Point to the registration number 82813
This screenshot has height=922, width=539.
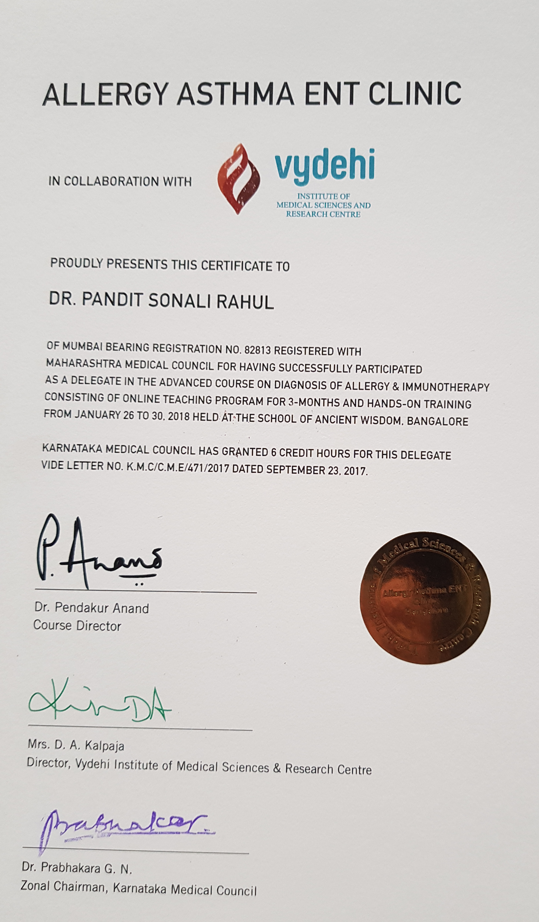point(258,350)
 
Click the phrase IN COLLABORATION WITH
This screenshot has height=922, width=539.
point(120,181)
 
